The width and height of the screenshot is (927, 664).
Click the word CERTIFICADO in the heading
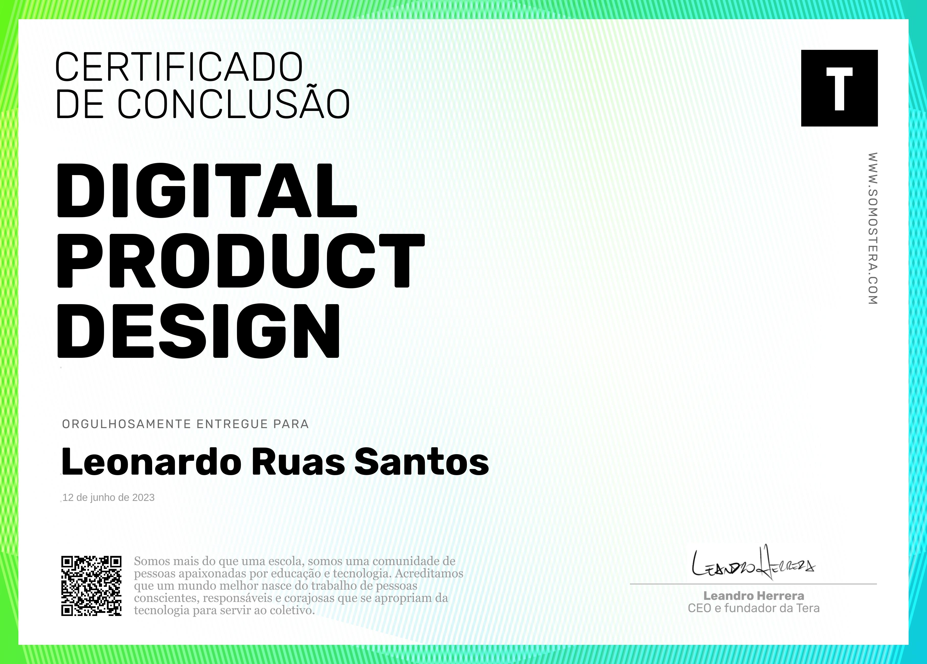(179, 67)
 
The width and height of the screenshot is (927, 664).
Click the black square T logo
(839, 88)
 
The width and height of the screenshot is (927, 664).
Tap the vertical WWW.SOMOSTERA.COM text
(873, 228)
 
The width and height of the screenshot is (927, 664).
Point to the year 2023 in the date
(143, 497)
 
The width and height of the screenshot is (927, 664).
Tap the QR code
(92, 586)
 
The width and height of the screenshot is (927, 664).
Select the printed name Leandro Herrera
(754, 596)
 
